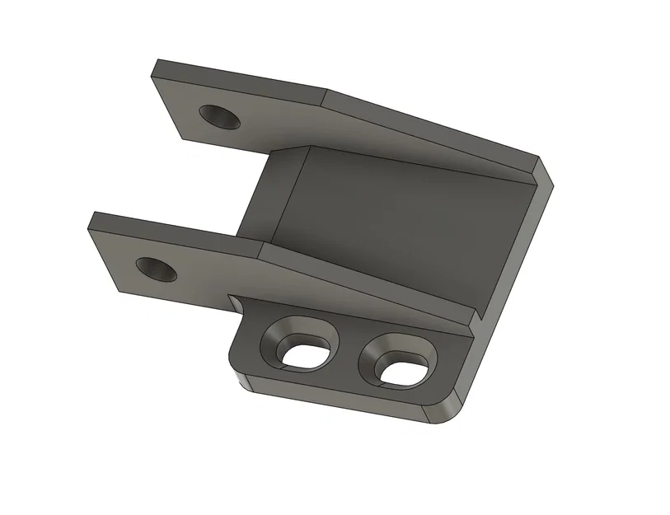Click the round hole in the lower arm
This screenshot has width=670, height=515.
coord(156,269)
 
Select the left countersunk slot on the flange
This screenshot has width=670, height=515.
coord(300,346)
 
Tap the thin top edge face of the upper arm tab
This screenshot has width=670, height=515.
coord(239,74)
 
